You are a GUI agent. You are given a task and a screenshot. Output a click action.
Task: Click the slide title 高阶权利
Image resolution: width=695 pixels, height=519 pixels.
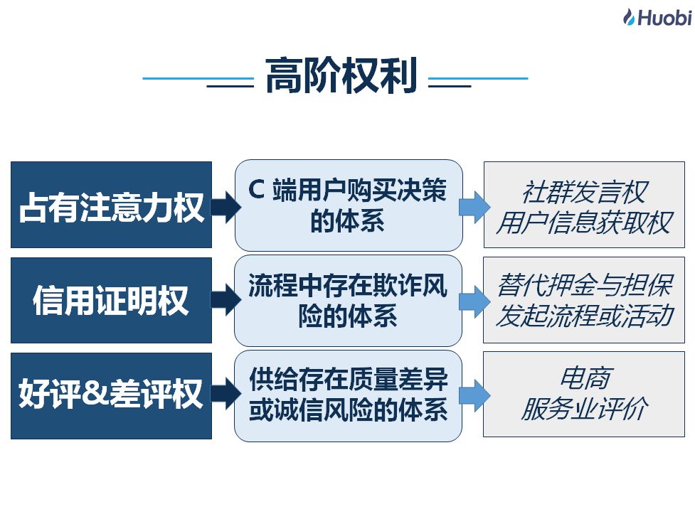click(x=341, y=75)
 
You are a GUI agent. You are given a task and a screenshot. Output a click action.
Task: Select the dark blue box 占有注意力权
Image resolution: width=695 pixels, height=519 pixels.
click(x=111, y=205)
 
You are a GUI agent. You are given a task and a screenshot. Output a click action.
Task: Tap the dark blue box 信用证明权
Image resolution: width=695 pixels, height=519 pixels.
click(x=111, y=300)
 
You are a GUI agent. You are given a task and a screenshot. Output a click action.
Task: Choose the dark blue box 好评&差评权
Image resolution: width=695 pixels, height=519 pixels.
click(x=111, y=396)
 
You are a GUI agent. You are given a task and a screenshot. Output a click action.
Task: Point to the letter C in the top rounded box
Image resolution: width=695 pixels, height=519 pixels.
click(x=256, y=190)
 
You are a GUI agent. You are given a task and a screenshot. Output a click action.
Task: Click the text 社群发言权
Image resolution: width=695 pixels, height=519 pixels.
click(x=585, y=192)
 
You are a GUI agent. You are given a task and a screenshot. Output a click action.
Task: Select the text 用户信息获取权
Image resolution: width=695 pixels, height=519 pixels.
click(x=585, y=223)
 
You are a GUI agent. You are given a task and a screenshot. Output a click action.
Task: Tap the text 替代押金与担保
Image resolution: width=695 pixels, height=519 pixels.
click(x=585, y=284)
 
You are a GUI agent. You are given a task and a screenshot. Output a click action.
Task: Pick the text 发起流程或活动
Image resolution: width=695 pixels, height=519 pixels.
click(x=585, y=316)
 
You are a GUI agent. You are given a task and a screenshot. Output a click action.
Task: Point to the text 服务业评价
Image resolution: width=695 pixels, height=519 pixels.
click(x=585, y=408)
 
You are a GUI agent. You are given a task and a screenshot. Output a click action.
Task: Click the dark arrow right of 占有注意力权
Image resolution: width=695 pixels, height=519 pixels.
click(x=226, y=206)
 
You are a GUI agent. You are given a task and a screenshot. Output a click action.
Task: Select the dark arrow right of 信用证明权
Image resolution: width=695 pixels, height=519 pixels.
click(x=226, y=300)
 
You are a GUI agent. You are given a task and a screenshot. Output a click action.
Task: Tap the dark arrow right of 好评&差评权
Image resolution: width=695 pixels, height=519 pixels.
click(x=226, y=394)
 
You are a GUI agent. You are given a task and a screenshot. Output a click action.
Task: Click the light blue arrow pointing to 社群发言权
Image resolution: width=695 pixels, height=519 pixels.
click(x=474, y=207)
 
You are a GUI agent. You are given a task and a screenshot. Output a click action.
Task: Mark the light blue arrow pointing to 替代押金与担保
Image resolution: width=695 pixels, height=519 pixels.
click(x=474, y=301)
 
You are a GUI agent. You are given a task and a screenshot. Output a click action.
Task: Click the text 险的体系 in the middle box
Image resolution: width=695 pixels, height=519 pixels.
click(x=348, y=316)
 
